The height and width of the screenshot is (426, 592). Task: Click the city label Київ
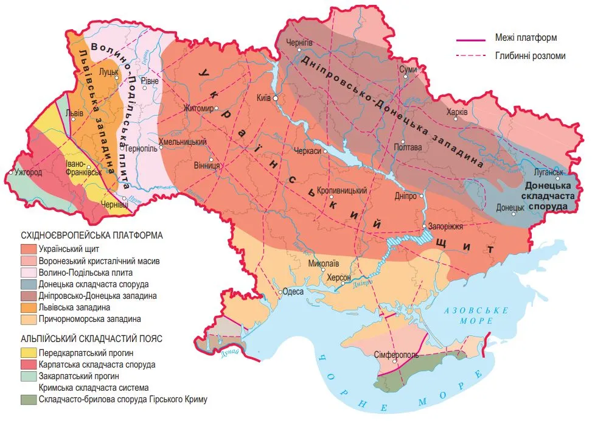[x=264, y=97]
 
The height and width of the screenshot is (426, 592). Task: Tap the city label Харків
[x=457, y=112]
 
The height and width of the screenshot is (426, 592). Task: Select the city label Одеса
[x=294, y=292]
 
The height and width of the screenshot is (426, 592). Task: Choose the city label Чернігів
[x=299, y=43]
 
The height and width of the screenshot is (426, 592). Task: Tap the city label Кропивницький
[x=343, y=190]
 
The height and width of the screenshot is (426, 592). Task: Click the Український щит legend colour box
[x=28, y=249]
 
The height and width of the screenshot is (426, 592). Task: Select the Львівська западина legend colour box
[x=28, y=307]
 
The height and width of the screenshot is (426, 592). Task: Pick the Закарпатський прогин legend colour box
[x=28, y=376]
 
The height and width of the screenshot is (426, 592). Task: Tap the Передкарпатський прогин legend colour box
[x=28, y=353]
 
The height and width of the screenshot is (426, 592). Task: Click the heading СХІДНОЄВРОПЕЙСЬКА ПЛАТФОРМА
[x=93, y=236]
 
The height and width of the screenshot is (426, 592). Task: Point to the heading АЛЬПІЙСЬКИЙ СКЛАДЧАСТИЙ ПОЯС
[x=91, y=339]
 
